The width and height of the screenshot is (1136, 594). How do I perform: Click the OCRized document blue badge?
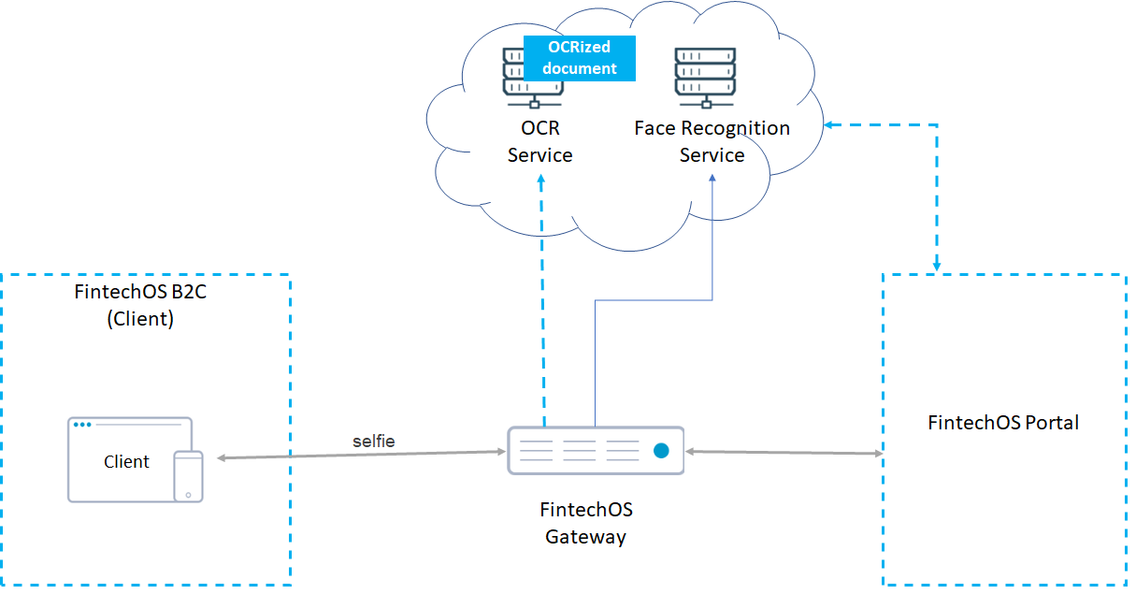(x=580, y=58)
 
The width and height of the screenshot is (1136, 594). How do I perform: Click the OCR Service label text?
(x=539, y=141)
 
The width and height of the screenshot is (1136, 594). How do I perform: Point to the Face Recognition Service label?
(x=712, y=141)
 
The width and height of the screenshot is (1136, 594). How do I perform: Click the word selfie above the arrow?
(x=373, y=442)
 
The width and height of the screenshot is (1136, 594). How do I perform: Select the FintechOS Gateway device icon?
(x=596, y=451)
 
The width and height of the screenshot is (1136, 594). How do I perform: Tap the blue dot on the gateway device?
(x=662, y=451)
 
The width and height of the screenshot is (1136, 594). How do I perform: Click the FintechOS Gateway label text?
(x=586, y=523)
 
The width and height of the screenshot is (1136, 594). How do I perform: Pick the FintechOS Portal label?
(x=1003, y=423)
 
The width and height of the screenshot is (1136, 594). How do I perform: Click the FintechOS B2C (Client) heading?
(x=139, y=305)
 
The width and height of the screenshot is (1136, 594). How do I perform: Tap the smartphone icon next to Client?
(x=189, y=476)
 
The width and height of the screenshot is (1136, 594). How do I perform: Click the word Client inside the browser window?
(x=126, y=461)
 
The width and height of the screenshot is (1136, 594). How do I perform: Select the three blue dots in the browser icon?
(x=82, y=425)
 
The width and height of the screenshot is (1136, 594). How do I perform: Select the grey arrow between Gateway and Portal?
(x=784, y=452)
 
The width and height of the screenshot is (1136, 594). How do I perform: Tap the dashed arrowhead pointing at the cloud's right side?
(x=830, y=124)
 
